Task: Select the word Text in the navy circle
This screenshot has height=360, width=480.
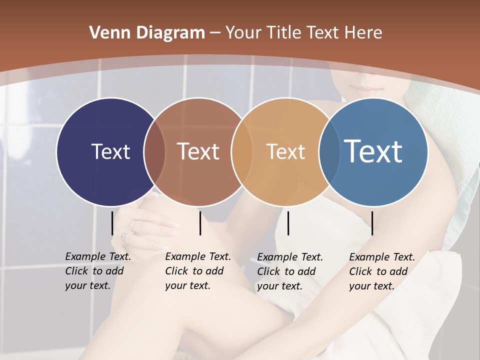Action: (x=110, y=151)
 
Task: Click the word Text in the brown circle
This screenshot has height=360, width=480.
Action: (x=198, y=151)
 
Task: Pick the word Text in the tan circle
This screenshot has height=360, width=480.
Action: (x=285, y=151)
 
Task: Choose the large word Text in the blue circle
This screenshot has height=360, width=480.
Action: (x=373, y=151)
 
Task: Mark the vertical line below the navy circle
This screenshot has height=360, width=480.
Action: (x=112, y=223)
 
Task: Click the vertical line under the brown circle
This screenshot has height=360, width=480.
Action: (x=200, y=223)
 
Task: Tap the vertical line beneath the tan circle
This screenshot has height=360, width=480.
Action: (x=288, y=223)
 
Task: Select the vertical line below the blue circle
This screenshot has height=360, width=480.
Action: (x=372, y=223)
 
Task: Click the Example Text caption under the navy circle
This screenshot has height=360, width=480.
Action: (x=97, y=271)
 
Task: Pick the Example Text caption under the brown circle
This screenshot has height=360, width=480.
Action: (x=197, y=271)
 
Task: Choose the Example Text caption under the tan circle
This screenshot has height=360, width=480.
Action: (x=289, y=271)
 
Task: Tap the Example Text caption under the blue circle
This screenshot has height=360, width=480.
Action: (x=381, y=271)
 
